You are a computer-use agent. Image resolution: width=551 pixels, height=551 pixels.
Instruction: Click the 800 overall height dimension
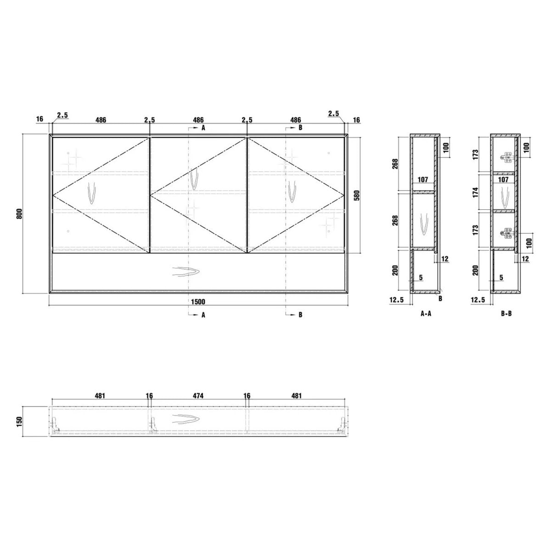point(19,214)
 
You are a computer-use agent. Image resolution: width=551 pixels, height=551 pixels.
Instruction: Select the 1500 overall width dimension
point(198,302)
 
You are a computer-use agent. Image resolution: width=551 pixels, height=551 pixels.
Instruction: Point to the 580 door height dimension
point(357,195)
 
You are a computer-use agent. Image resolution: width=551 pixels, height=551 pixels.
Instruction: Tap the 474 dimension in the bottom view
point(198,396)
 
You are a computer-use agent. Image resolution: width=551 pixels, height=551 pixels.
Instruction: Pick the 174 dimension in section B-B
point(475,192)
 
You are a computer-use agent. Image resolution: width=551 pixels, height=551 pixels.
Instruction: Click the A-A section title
point(426,314)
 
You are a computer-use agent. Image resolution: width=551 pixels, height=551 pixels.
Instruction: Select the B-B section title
point(506,314)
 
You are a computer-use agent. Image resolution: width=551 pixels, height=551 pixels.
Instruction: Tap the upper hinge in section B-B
point(507,157)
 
